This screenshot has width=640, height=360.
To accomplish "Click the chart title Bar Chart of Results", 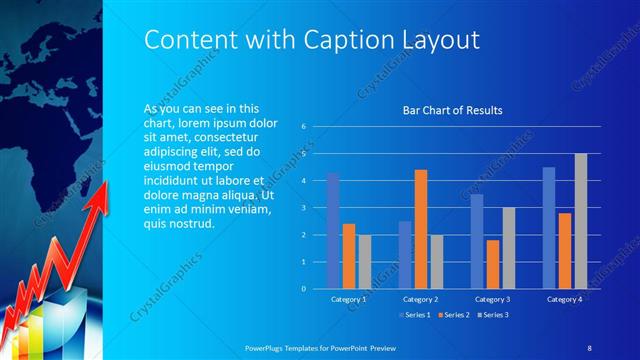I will tap(452, 110).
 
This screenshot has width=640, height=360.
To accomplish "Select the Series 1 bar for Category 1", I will tap(333, 231).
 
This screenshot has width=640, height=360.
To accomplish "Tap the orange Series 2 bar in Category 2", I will tap(420, 229).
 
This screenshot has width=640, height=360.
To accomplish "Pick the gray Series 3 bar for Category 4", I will tap(580, 221).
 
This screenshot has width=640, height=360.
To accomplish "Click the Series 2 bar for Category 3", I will tap(493, 264).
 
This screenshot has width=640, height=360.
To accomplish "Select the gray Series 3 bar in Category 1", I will tap(364, 261).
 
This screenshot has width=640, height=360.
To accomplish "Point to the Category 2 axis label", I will tap(421, 299).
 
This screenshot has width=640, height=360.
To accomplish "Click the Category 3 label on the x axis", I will tap(493, 299).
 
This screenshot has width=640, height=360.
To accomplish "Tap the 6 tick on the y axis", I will tap(303, 127).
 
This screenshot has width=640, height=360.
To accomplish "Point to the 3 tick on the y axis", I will tap(303, 208).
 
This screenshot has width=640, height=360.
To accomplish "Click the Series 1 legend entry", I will tap(415, 315).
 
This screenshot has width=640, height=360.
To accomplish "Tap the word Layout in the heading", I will tap(440, 39).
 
